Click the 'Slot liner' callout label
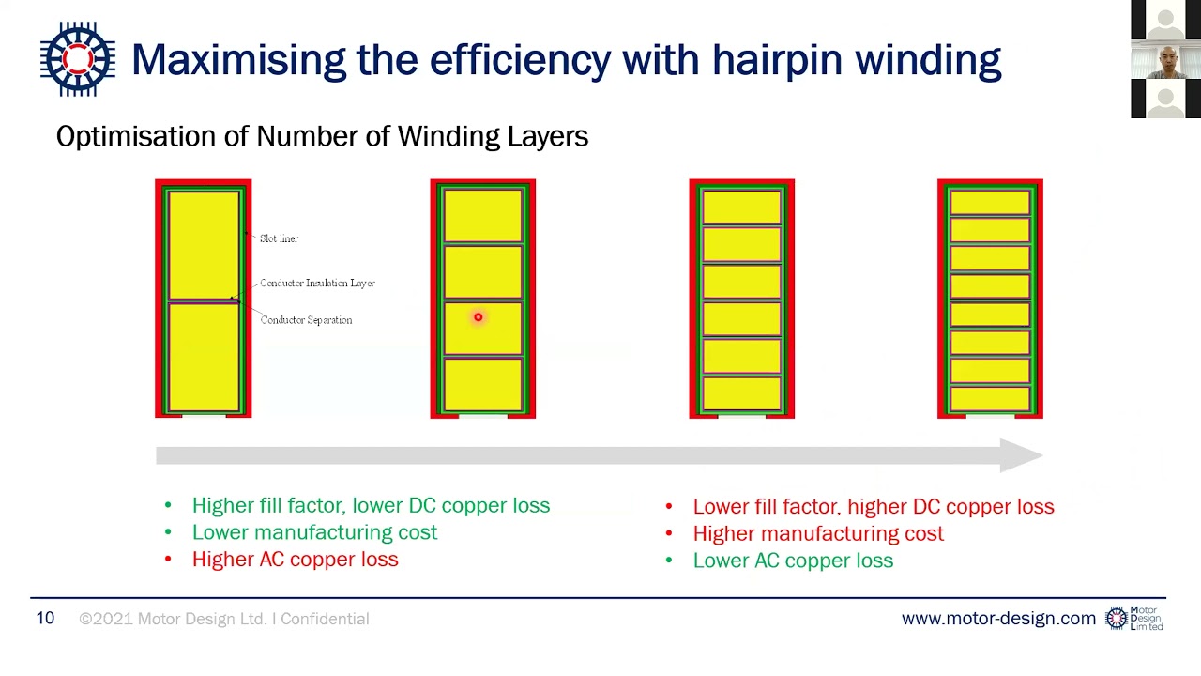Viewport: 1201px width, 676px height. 279,238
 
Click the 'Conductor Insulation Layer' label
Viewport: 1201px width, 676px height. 317,283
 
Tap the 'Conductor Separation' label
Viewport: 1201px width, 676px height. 306,320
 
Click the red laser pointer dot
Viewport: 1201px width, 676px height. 478,317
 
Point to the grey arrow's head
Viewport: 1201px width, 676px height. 1023,455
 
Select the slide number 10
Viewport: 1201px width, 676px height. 45,618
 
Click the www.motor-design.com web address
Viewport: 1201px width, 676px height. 997,619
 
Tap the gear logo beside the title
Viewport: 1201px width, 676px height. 78,59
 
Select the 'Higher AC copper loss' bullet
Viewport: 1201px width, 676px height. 295,560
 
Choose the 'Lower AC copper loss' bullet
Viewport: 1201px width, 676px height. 792,561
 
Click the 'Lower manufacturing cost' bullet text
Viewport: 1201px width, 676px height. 314,532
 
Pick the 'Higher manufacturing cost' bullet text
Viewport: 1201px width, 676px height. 817,533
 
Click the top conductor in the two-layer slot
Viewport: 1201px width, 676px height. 204,244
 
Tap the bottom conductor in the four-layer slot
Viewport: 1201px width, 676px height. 482,385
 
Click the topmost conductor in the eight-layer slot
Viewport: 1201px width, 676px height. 990,203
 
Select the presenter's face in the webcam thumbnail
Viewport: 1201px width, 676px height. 1166,60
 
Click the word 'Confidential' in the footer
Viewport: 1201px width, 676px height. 325,619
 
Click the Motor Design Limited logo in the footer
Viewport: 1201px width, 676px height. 1134,618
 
